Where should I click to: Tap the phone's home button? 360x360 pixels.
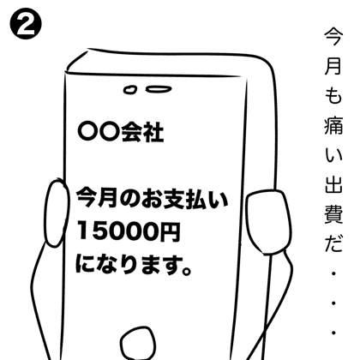coord(138,344)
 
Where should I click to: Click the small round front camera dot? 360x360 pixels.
coord(130,90)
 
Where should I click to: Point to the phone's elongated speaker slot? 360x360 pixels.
coord(159,89)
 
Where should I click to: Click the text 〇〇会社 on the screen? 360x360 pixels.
coord(121,132)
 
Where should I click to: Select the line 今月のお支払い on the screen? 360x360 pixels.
coord(152,199)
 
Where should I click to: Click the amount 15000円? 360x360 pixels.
coord(129,231)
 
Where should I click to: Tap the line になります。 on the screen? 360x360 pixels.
coord(133,265)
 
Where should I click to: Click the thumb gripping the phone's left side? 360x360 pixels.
coord(57,213)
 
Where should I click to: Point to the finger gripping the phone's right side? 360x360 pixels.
coord(267,222)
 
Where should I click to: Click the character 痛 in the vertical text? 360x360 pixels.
coord(333,126)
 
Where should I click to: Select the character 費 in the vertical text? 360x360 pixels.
coord(333,214)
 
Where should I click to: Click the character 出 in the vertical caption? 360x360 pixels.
coord(333,185)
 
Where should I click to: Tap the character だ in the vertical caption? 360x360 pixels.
coord(333,243)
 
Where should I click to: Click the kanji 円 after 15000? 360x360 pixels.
coord(170,231)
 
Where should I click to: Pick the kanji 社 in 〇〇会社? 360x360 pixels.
coord(153,132)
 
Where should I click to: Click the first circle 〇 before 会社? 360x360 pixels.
coord(88,132)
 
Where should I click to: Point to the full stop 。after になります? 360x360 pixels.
coord(186,270)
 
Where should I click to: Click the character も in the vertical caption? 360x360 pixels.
coord(333,95)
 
